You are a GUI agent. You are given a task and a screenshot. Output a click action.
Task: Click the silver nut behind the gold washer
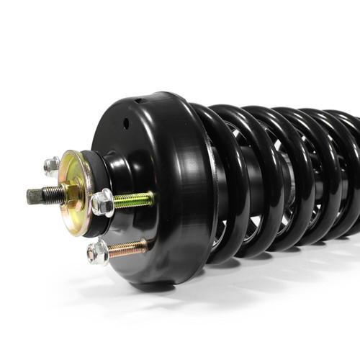click(x=51, y=166)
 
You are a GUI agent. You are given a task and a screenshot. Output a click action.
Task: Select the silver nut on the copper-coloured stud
click(x=97, y=252)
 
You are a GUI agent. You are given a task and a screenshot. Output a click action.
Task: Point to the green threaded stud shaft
click(x=133, y=199)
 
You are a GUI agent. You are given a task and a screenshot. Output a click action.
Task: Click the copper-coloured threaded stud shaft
click(x=128, y=248)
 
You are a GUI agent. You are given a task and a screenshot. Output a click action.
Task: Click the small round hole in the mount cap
click(x=126, y=123)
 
